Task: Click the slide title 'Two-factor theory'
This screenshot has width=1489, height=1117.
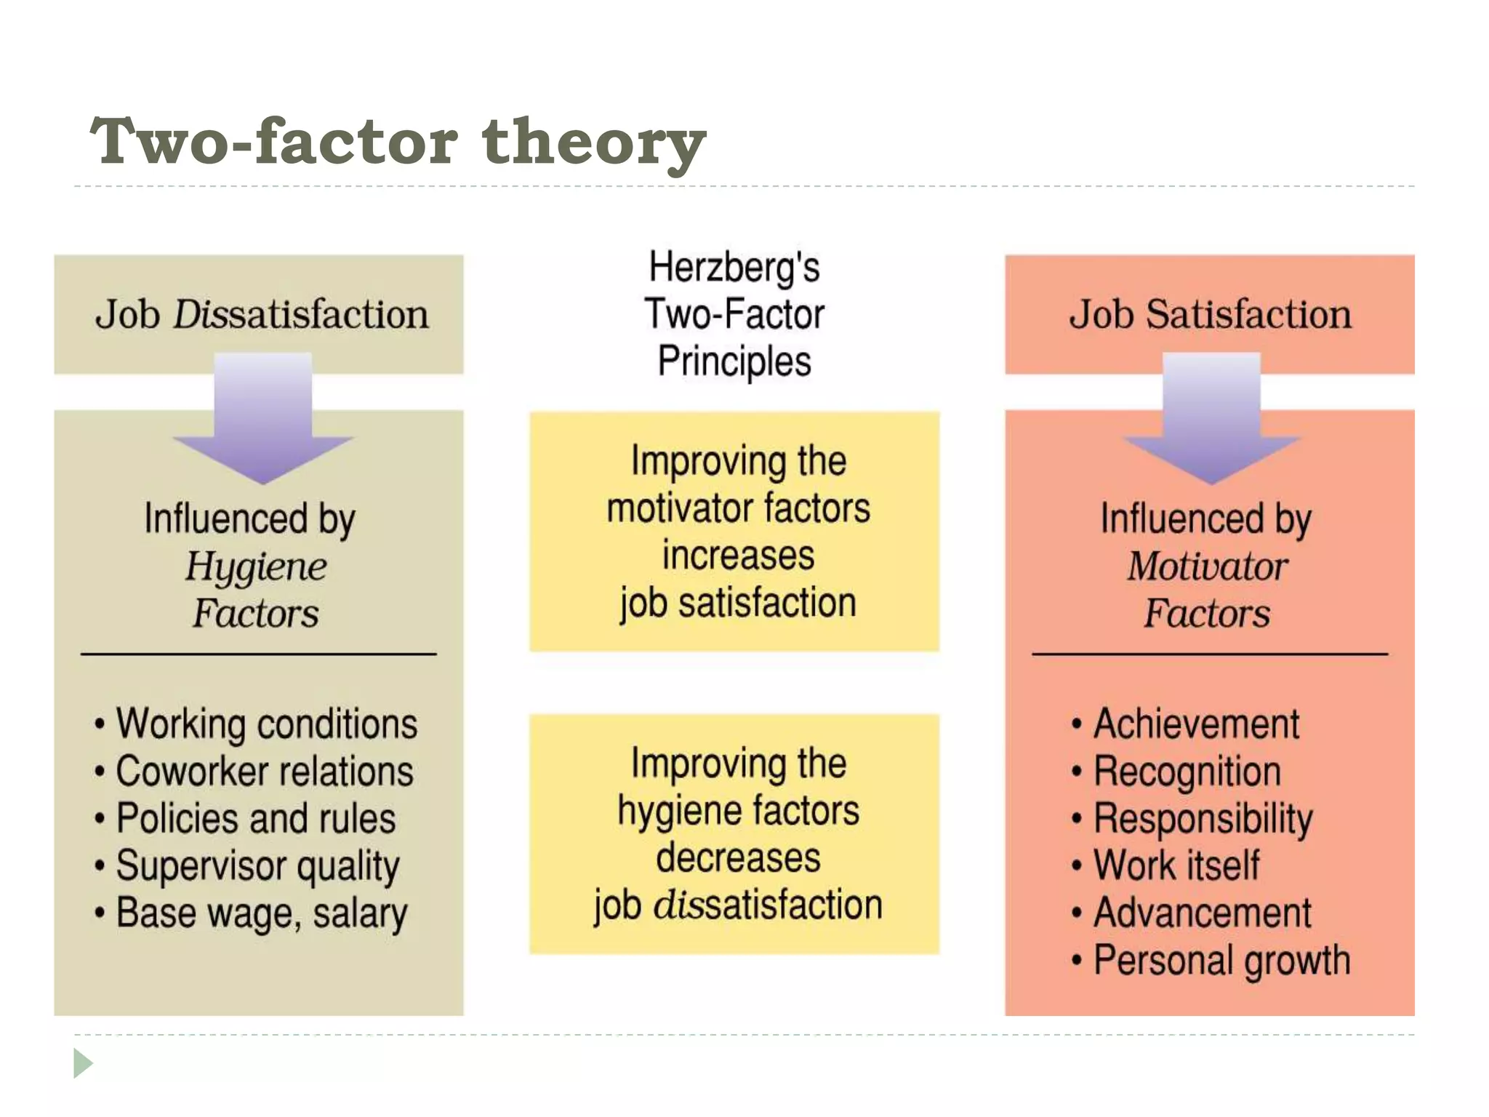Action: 397,141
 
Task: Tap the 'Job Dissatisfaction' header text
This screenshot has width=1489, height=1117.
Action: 262,314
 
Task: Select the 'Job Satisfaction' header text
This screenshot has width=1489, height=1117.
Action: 1210,314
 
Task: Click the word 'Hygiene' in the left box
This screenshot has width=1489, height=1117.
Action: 256,567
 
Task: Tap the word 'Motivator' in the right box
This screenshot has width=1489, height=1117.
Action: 1208,566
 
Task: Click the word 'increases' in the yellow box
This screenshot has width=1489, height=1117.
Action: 738,556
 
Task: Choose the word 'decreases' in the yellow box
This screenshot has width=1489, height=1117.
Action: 738,858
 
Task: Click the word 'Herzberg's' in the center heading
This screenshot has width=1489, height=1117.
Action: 734,267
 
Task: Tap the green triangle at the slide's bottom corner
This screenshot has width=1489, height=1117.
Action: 82,1063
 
